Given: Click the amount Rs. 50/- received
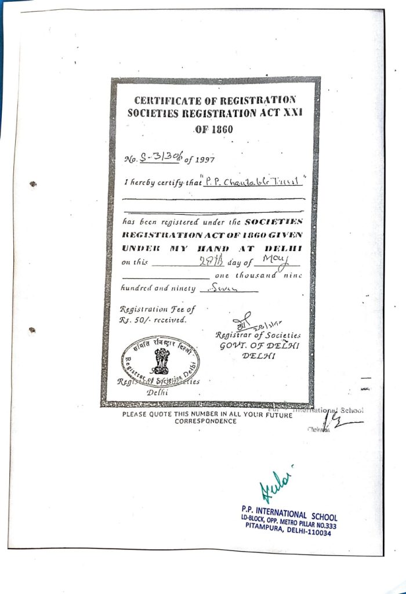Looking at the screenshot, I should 153,320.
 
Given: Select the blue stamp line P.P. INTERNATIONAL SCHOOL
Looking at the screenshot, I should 289,514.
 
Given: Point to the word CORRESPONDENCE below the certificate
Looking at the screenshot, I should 205,422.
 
